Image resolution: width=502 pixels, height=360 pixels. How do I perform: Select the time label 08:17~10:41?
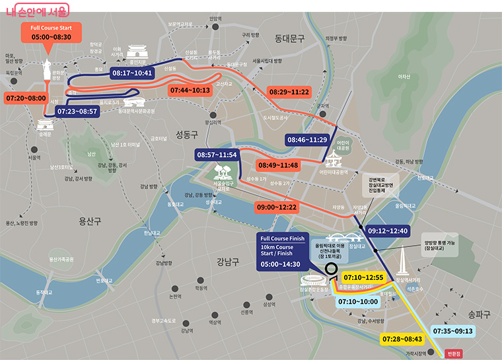click(132, 73)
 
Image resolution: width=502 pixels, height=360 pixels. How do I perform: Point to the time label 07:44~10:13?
click(190, 90)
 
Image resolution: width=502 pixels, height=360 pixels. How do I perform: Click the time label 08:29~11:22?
click(289, 91)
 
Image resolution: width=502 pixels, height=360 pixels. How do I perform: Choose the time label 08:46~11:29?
click(308, 140)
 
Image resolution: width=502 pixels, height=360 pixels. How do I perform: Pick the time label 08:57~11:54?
click(217, 155)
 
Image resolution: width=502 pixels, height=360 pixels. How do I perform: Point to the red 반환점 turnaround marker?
click(454, 353)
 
